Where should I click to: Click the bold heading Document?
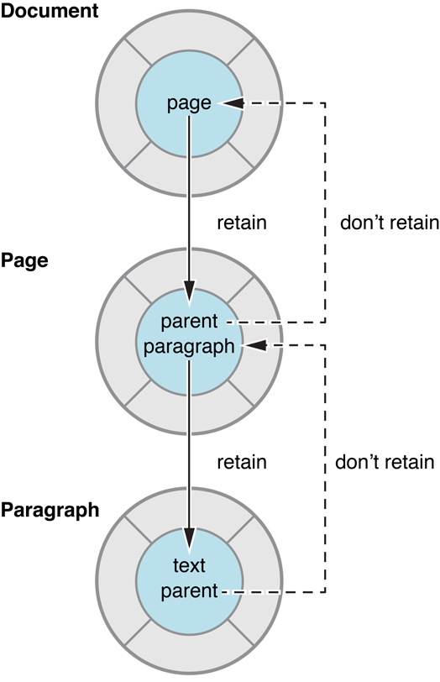(x=49, y=12)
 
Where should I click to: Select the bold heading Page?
(x=24, y=260)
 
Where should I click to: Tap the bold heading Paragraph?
(x=50, y=509)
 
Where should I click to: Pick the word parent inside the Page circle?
(x=190, y=322)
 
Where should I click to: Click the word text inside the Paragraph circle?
(x=189, y=565)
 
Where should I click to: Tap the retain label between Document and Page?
(x=242, y=223)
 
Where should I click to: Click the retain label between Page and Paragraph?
(x=242, y=462)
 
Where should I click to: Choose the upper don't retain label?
(x=390, y=223)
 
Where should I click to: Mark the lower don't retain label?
(x=385, y=462)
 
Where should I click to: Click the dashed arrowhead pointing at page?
(x=232, y=103)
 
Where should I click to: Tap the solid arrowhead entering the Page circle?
(x=190, y=293)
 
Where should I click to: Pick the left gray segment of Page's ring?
(x=115, y=334)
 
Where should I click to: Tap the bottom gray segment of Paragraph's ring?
(x=190, y=652)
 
